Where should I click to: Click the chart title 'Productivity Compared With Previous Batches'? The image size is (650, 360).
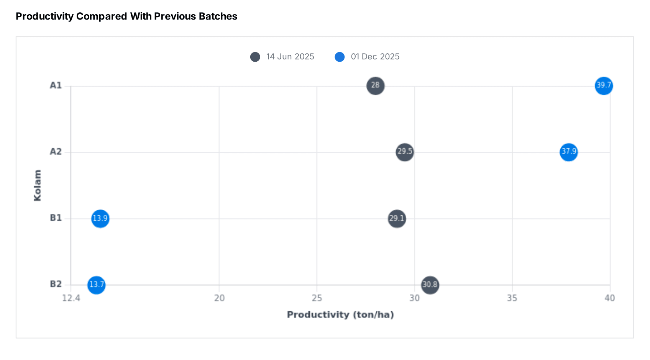(x=126, y=16)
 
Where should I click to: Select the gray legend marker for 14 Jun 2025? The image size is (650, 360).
(x=255, y=57)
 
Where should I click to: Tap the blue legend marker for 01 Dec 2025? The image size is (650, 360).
(x=340, y=57)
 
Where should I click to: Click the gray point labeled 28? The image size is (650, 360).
(x=375, y=85)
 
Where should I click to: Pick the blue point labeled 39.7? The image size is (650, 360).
(x=604, y=85)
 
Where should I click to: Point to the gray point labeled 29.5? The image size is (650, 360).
(x=405, y=152)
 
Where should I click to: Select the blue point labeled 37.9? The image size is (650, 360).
(x=569, y=152)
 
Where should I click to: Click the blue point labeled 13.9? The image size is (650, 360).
(x=100, y=218)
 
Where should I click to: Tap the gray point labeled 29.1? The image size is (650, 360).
(x=397, y=219)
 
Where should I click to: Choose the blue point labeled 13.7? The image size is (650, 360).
(x=96, y=285)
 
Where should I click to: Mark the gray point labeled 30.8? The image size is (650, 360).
(x=430, y=285)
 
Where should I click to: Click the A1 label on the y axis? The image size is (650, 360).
(x=56, y=85)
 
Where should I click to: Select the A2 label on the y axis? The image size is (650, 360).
(x=56, y=152)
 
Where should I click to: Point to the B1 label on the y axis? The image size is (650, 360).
(x=56, y=218)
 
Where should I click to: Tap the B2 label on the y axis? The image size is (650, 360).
(x=56, y=284)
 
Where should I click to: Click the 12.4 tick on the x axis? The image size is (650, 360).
(x=71, y=298)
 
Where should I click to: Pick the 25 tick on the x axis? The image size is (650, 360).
(x=317, y=298)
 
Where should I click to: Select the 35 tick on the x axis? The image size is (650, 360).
(x=512, y=298)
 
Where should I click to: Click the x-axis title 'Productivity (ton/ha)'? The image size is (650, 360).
(x=340, y=315)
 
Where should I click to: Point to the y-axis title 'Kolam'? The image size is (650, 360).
(x=37, y=185)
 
